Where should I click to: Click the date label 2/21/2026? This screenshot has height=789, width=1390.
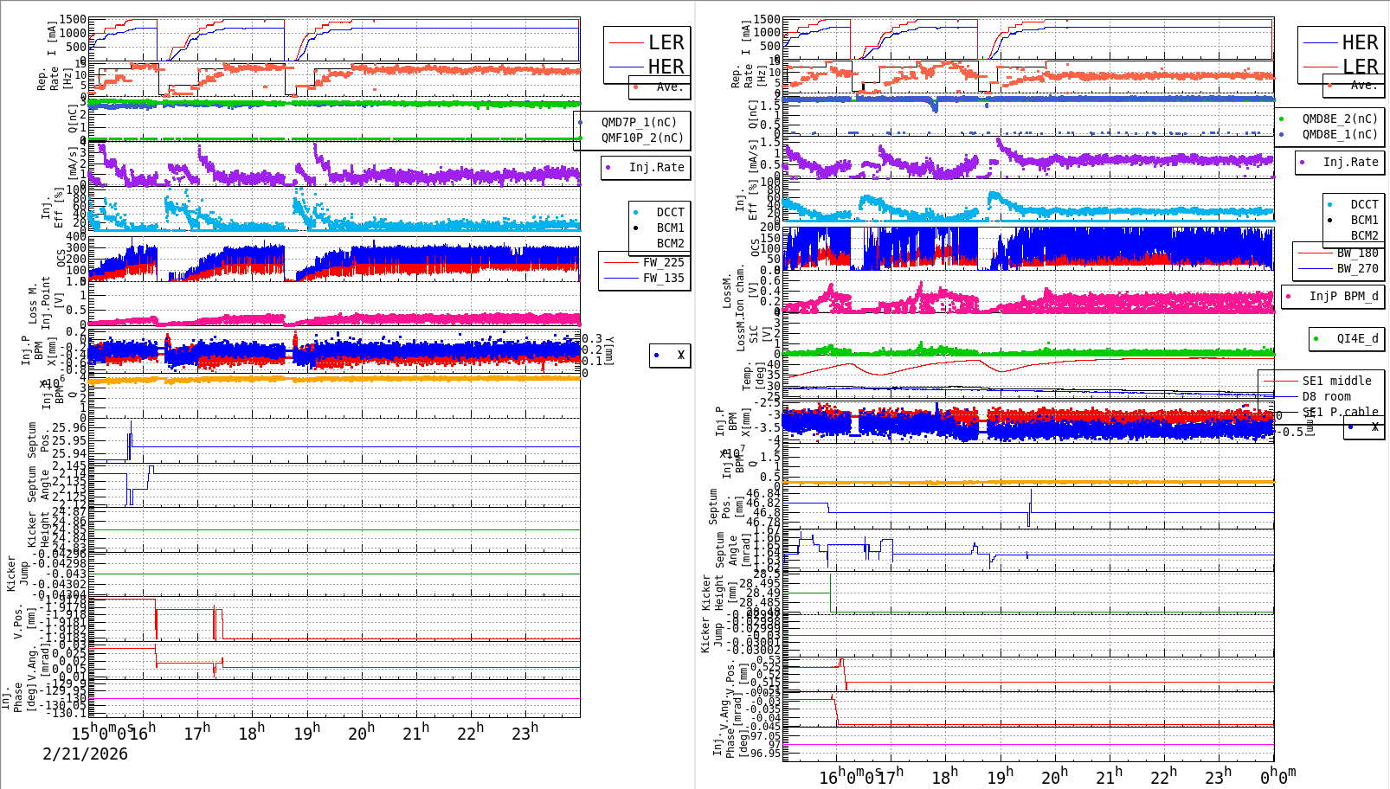(x=85, y=754)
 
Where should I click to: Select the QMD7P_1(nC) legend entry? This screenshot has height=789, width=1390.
(x=639, y=122)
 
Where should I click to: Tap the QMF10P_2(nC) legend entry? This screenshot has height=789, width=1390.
(x=641, y=138)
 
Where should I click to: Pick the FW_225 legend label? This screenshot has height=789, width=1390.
(x=663, y=262)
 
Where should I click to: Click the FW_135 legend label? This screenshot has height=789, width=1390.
(x=663, y=278)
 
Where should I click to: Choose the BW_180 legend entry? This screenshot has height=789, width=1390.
(x=1357, y=253)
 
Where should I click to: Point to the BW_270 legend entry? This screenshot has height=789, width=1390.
(x=1357, y=268)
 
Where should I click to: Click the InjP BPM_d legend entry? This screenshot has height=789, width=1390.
(x=1342, y=296)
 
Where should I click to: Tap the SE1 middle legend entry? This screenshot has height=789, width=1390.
(x=1336, y=381)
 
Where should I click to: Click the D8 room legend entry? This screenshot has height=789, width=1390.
(x=1327, y=396)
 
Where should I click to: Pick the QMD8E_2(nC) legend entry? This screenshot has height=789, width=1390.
(x=1339, y=119)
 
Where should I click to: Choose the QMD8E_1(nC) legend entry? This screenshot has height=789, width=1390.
(x=1339, y=134)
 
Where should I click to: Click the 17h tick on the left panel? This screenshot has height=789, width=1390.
(x=197, y=734)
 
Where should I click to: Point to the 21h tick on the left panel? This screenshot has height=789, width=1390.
(x=415, y=734)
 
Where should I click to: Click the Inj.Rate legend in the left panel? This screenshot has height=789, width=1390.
(x=656, y=167)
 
